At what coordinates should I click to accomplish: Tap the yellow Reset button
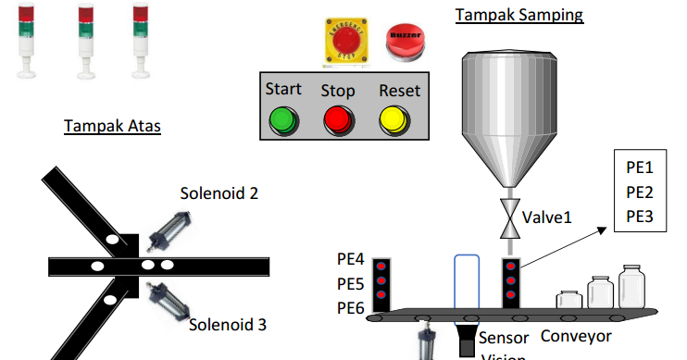tap(393, 120)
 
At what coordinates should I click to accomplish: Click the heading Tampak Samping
tap(519, 15)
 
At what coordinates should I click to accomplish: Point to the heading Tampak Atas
tap(112, 126)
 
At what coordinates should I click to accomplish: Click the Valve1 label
tap(548, 217)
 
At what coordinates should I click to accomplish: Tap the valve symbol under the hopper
tap(508, 218)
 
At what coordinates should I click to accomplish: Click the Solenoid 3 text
tap(228, 324)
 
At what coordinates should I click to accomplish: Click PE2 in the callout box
tap(640, 192)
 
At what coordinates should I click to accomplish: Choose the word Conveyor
tap(575, 334)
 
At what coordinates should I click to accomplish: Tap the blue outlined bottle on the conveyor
tap(467, 282)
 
